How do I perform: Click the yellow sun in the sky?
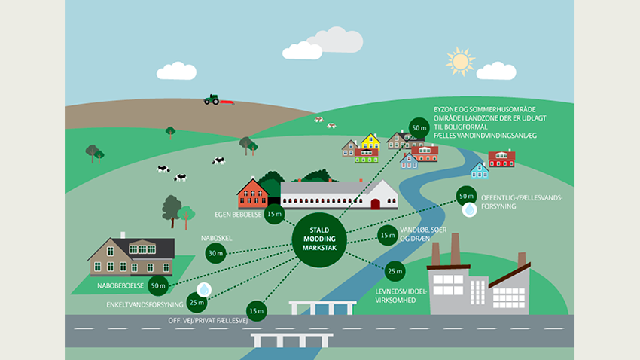point(460,59)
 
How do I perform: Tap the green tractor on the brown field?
point(212,99)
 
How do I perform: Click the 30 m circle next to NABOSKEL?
point(215,252)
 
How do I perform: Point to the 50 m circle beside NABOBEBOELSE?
point(158,285)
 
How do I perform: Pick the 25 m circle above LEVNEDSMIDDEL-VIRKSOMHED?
point(394,271)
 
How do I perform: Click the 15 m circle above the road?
point(256,310)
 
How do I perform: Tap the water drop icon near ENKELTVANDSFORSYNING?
point(203,288)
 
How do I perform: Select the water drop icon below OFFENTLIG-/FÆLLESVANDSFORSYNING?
point(469,211)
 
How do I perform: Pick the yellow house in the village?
point(370,142)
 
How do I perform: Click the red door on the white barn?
point(375,203)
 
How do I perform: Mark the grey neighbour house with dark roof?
point(133,257)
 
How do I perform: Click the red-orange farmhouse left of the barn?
point(253,194)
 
